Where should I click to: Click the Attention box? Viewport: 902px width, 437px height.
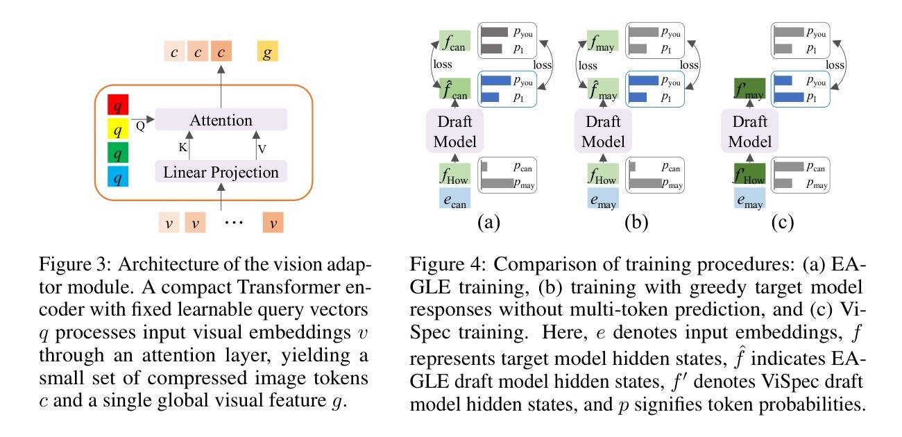tap(221, 121)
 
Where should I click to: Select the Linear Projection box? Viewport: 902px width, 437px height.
tap(221, 171)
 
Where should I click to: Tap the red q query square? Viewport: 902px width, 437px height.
tap(119, 105)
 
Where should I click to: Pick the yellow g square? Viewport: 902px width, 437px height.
tap(267, 51)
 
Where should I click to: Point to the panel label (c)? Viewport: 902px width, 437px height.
tap(782, 223)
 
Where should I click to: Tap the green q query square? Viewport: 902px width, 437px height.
tap(119, 154)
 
